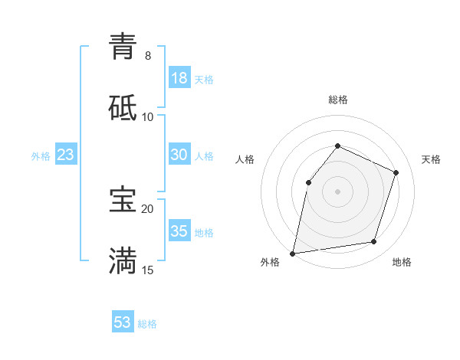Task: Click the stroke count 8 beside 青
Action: point(147,56)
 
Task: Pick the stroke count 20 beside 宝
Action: point(147,208)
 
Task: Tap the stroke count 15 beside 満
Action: point(147,270)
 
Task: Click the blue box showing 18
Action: point(179,78)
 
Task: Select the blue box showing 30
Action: point(179,155)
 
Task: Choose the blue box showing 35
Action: point(179,231)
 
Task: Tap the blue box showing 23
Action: point(66,155)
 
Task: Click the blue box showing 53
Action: point(123,322)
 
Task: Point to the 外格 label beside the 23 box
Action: point(41,156)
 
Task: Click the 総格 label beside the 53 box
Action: point(147,324)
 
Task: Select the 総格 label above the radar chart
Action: point(338,100)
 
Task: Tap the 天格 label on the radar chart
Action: point(432,159)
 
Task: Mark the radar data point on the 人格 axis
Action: point(308,182)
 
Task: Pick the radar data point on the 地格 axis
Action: point(374,242)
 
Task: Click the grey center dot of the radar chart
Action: point(337,191)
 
